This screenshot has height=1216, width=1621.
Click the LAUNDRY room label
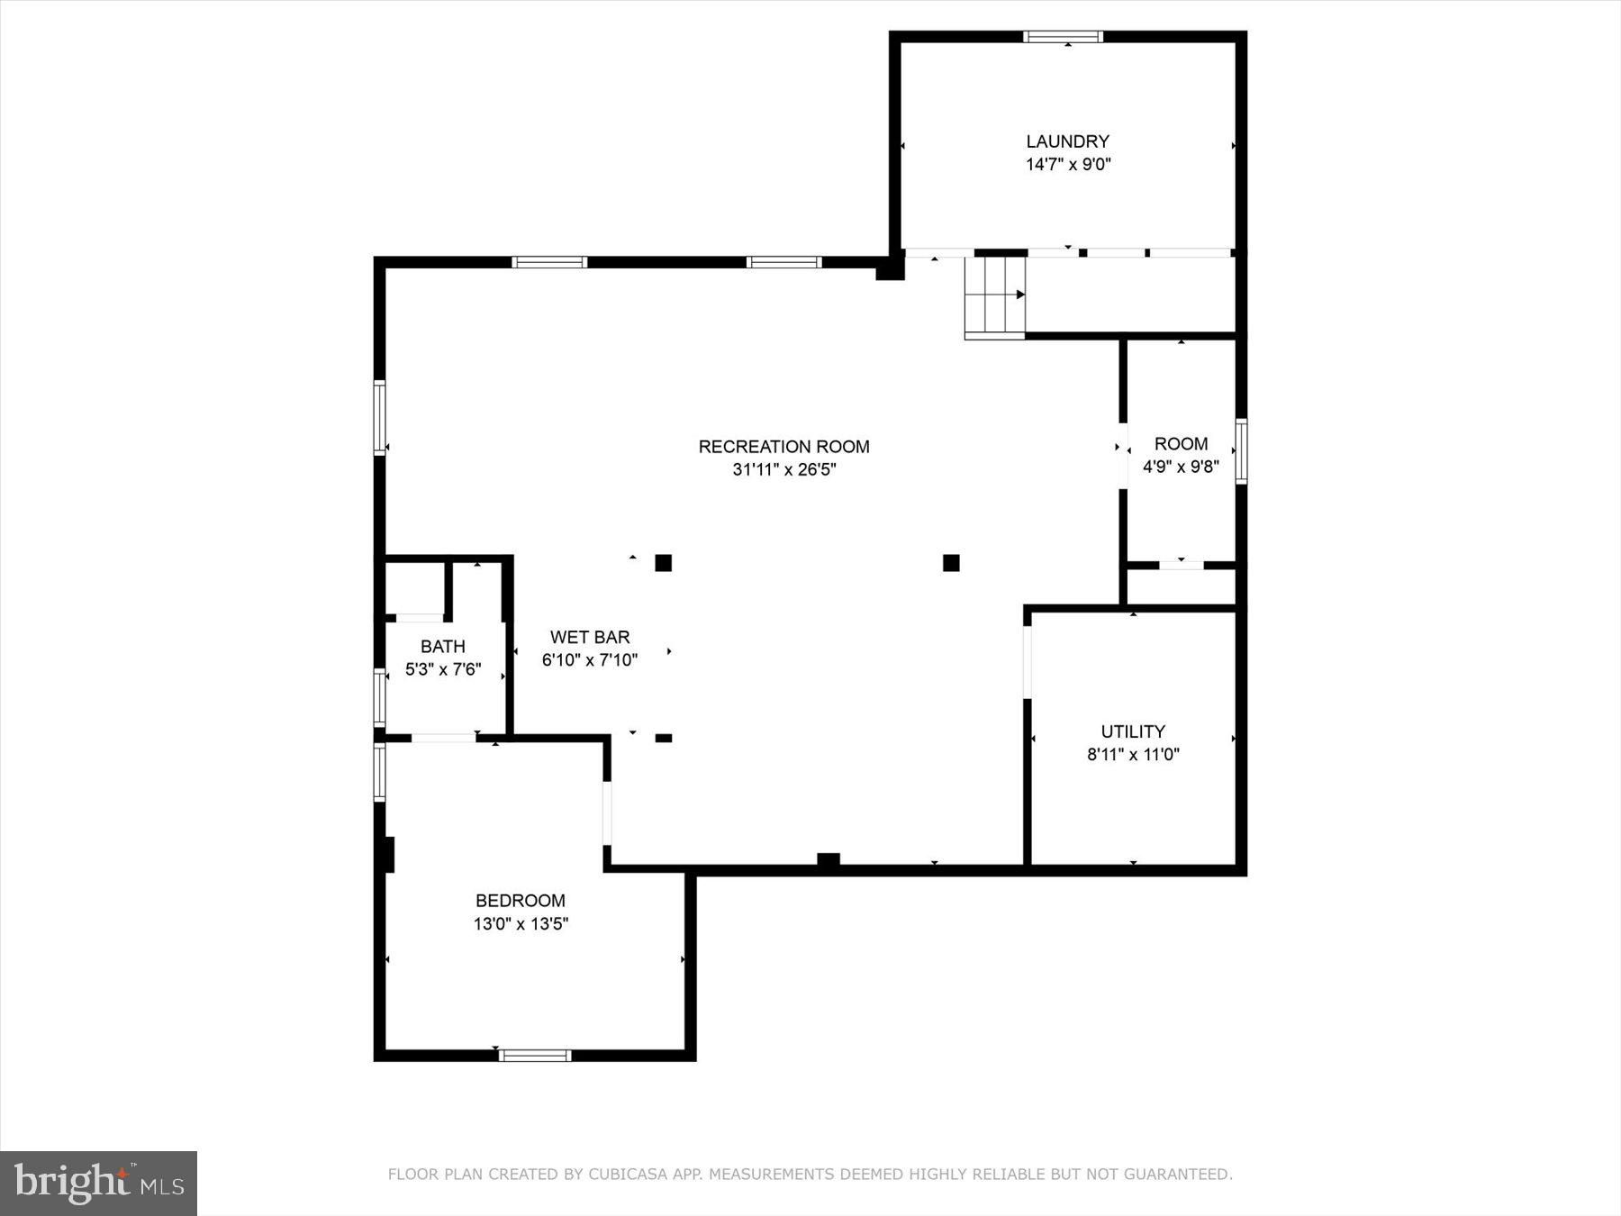[1067, 141]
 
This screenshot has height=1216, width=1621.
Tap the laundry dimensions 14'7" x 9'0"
[1068, 165]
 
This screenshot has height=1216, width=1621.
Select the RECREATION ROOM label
[783, 447]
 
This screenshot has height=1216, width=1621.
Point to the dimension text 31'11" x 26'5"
[784, 469]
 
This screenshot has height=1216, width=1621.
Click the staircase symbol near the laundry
[995, 295]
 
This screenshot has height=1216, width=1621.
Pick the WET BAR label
[590, 637]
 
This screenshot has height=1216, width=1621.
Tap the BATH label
[442, 647]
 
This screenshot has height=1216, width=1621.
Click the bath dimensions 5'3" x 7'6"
[442, 669]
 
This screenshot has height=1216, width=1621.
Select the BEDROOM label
[520, 901]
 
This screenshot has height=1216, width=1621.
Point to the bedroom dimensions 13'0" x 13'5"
[521, 923]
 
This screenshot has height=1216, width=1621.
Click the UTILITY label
[1132, 731]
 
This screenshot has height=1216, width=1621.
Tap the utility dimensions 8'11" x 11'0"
[1133, 755]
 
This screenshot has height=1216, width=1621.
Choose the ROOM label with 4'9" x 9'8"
[1181, 444]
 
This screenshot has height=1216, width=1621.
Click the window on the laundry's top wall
[1063, 37]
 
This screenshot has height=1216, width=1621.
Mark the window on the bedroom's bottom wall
[535, 1055]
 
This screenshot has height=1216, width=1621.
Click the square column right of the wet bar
[663, 563]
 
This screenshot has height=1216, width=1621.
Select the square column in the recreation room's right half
[951, 563]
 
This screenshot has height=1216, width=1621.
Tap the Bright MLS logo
[98, 1183]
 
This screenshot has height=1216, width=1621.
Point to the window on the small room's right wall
[1241, 451]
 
